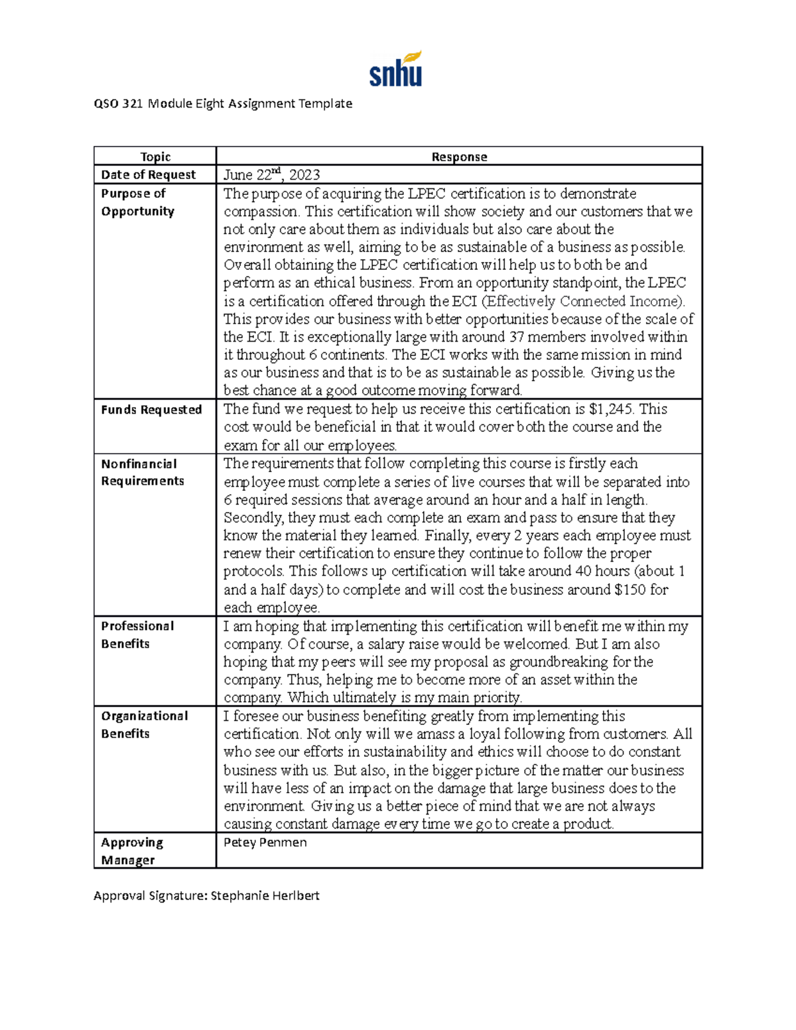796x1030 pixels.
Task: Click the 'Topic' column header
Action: tap(155, 157)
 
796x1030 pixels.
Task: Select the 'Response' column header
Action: tap(459, 157)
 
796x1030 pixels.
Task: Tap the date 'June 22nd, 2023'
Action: tap(272, 175)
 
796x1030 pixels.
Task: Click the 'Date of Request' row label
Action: tap(149, 175)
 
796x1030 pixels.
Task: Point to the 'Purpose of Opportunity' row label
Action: tap(137, 202)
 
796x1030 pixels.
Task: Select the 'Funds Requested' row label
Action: tap(151, 410)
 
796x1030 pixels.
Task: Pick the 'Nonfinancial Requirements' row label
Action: tap(142, 472)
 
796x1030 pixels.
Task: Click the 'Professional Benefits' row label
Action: tap(137, 635)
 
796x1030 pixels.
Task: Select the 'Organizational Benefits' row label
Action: tap(144, 725)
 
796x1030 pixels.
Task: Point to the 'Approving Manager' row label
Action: tap(131, 851)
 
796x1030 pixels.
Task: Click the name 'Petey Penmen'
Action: tap(265, 843)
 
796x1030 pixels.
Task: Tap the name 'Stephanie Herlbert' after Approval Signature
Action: tap(265, 896)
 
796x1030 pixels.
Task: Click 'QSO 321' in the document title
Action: tap(118, 103)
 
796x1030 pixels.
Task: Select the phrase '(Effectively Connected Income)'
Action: tap(582, 301)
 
